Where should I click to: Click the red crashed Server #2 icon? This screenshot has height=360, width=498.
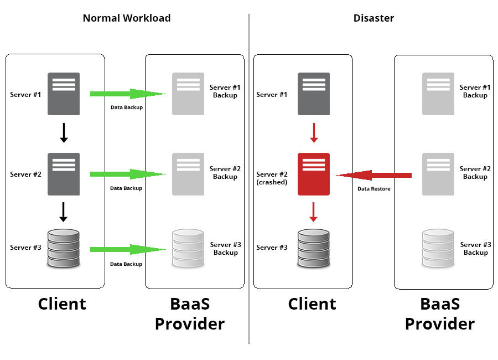314,174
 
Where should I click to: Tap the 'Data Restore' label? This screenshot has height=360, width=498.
374,189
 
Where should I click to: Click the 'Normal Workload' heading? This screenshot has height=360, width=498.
127,18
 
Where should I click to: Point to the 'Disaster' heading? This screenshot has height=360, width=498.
373,18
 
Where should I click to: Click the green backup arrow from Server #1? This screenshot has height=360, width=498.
127,94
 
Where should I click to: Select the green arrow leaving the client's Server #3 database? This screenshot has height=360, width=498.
127,250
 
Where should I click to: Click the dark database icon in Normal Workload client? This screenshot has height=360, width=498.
64,249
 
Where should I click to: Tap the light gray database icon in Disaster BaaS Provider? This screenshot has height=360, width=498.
438,249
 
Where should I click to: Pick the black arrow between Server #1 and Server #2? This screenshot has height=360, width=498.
64,133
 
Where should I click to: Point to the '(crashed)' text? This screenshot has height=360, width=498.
272,182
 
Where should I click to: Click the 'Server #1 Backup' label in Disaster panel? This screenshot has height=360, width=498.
475,91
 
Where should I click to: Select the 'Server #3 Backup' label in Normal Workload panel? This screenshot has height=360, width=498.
226,249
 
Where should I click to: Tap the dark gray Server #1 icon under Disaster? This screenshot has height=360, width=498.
314,94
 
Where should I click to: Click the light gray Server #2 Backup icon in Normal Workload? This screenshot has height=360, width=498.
188,174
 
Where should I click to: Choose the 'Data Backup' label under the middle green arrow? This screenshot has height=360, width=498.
126,188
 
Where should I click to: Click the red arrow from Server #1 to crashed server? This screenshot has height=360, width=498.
314,133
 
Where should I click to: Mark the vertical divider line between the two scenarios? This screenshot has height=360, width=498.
249,177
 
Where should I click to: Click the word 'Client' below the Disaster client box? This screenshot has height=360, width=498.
312,304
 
